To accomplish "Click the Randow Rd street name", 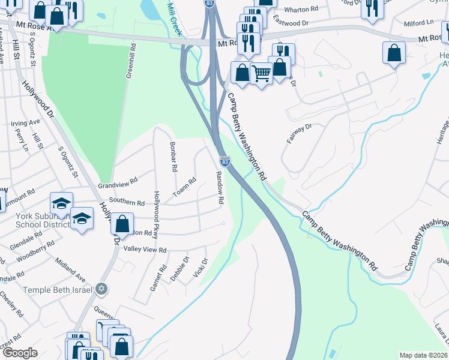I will pyautogui.click(x=220, y=186).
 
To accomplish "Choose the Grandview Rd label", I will pyautogui.click(x=118, y=179).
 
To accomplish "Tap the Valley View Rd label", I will pyautogui.click(x=145, y=250).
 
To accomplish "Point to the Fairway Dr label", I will pyautogui.click(x=300, y=131).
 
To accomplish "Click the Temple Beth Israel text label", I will pyautogui.click(x=58, y=290).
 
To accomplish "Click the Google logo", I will pyautogui.click(x=20, y=353).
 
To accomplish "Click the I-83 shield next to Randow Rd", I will pyautogui.click(x=225, y=161).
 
